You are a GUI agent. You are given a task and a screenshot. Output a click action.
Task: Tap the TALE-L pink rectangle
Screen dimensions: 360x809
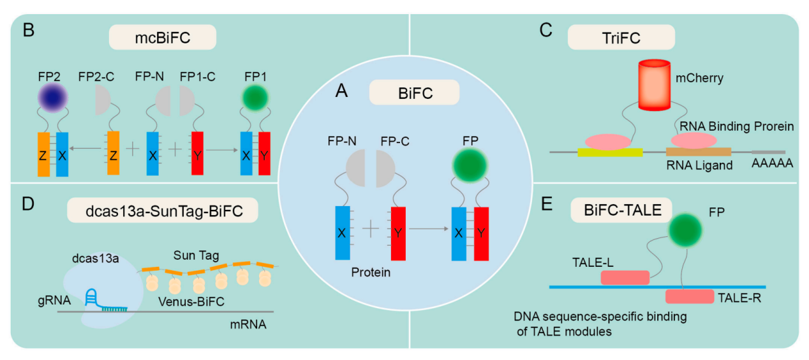click(625, 277)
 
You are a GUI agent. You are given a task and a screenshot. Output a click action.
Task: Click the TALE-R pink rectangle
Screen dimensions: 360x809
click(689, 296)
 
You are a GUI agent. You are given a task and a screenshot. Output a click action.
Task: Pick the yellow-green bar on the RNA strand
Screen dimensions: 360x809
click(609, 152)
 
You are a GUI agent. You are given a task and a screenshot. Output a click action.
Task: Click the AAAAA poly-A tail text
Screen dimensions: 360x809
click(773, 164)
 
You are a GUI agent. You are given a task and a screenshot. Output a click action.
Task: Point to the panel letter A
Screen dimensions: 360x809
click(343, 93)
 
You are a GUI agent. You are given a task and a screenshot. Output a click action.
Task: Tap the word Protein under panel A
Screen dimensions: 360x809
click(371, 272)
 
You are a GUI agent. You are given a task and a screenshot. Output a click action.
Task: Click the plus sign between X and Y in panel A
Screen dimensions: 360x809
click(371, 229)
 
